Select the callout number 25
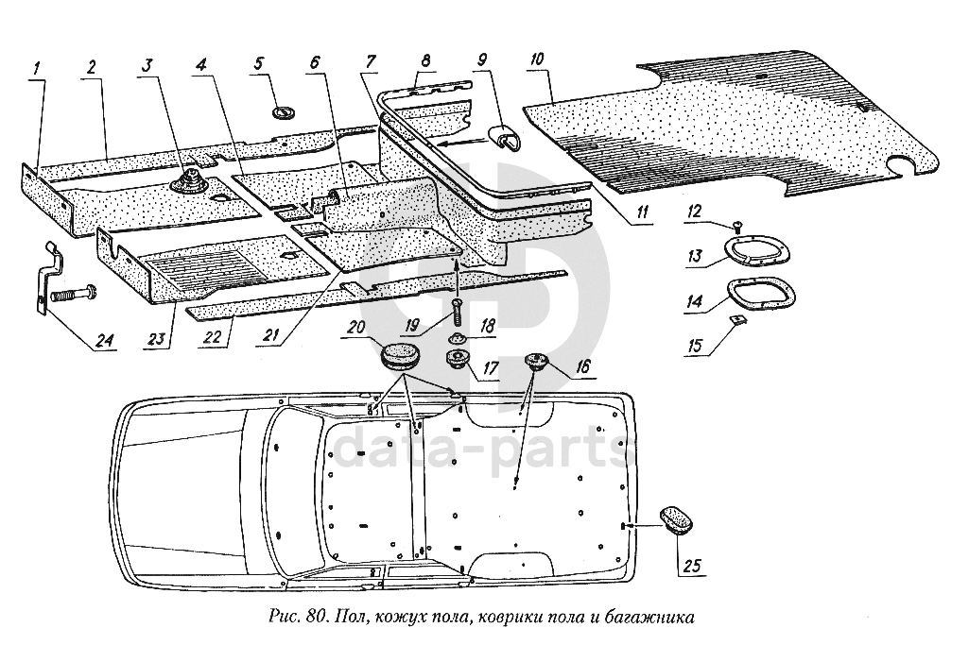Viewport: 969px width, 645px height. [x=692, y=567]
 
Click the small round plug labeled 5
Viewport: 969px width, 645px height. [x=283, y=112]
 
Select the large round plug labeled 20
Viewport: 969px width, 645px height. [x=400, y=358]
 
